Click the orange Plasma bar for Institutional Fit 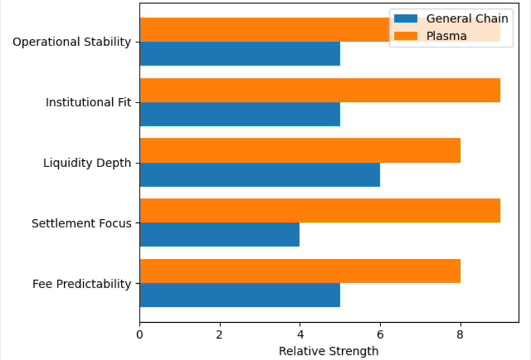click(x=320, y=90)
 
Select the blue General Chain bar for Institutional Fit click(x=240, y=114)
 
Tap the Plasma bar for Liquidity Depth click(x=300, y=150)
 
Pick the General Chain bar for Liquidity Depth click(x=259, y=174)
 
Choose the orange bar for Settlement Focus click(x=320, y=210)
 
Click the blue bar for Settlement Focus click(x=219, y=234)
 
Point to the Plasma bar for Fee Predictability click(x=300, y=270)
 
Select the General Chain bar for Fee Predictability click(x=240, y=295)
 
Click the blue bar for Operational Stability click(x=240, y=54)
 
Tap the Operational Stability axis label click(x=72, y=42)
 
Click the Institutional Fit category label click(x=88, y=102)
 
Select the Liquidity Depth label click(x=87, y=163)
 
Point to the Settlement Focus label click(x=81, y=224)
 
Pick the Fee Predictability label click(x=81, y=284)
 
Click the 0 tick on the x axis click(x=140, y=334)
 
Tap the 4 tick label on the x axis click(x=300, y=334)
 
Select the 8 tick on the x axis click(x=460, y=334)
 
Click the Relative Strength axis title click(x=329, y=351)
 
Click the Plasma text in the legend click(x=446, y=36)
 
